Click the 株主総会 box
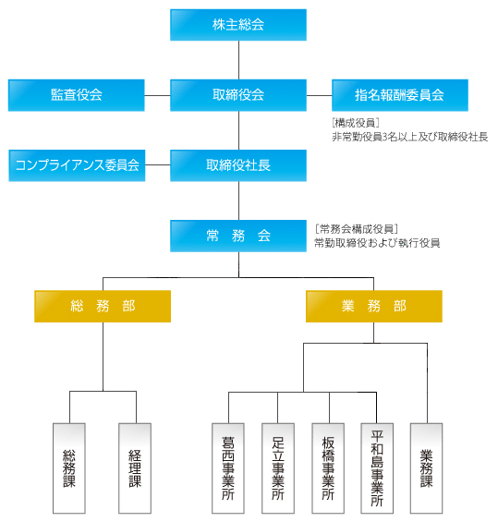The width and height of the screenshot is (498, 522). click(x=238, y=25)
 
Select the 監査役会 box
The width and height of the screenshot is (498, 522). click(x=77, y=95)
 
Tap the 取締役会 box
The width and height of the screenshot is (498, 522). click(x=238, y=95)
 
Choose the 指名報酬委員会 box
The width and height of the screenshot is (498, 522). click(x=400, y=95)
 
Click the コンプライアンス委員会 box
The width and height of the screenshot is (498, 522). click(x=77, y=165)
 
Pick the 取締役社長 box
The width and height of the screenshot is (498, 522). click(x=238, y=165)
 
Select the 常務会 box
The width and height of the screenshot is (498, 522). click(x=238, y=236)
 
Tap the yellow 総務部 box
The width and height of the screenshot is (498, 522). click(x=103, y=307)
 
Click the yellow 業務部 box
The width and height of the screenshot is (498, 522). click(x=374, y=307)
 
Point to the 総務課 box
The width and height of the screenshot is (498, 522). click(x=69, y=468)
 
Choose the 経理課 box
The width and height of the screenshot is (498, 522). click(x=135, y=468)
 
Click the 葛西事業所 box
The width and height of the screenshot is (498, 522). click(x=228, y=468)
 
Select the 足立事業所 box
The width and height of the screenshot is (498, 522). click(x=278, y=468)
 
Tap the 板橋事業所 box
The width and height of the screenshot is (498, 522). click(x=328, y=468)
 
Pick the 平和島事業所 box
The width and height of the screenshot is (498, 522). click(x=377, y=468)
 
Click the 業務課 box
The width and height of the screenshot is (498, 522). click(x=427, y=468)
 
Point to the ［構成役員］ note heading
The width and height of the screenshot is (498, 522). click(x=356, y=123)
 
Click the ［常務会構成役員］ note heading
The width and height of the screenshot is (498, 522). click(x=357, y=229)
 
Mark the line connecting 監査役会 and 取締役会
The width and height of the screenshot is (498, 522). click(x=157, y=95)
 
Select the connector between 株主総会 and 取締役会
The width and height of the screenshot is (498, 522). click(x=238, y=60)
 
